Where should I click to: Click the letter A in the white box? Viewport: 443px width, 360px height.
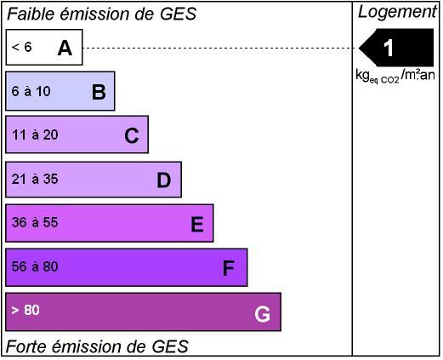coord(65,48)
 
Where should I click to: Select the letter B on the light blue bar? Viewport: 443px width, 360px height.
coord(99,92)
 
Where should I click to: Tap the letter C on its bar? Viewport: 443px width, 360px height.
coord(132,135)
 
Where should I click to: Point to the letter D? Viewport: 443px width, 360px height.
coord(164,180)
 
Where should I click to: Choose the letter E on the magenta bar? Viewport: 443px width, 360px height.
coord(197,224)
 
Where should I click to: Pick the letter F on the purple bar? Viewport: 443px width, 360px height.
coord(229,268)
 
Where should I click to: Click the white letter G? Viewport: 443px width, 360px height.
coord(262,314)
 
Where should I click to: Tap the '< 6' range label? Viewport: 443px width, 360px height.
coord(21,47)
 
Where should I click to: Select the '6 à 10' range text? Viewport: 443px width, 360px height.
coord(31,91)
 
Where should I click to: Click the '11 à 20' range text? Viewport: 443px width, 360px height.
coord(35,134)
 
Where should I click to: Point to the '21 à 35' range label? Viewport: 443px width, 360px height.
coord(35,179)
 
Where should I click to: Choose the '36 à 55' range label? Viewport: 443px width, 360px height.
coord(35,222)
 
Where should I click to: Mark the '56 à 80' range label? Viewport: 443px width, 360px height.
coord(35,266)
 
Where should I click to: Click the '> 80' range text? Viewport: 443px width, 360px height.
coord(26,310)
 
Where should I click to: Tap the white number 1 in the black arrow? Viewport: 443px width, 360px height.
coord(389,48)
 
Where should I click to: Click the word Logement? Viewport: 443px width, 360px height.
coord(397,12)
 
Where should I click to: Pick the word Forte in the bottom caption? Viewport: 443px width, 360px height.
coord(27,346)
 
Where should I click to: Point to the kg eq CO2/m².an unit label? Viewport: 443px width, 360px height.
coord(395,76)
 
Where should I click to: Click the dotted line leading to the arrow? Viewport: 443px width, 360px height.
coord(220,48)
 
